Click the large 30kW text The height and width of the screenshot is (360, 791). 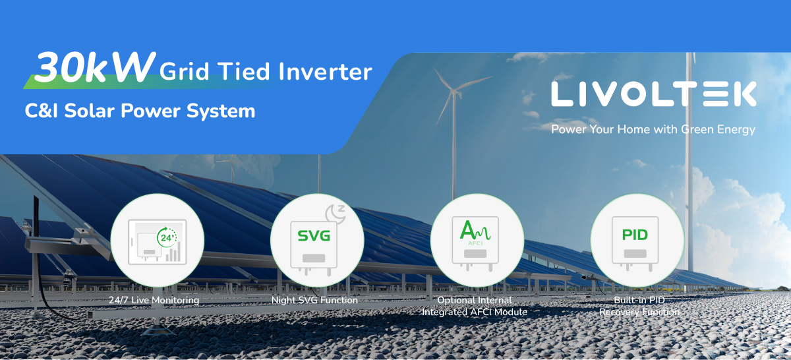point(95,67)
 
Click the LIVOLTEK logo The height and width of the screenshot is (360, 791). point(654,94)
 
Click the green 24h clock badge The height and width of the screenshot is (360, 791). point(167,237)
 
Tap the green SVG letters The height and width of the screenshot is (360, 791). point(314,235)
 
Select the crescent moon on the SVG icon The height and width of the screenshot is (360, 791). point(335,214)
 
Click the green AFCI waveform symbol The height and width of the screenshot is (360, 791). point(475,231)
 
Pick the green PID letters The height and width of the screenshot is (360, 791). point(635,235)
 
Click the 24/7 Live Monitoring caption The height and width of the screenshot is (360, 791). point(154,300)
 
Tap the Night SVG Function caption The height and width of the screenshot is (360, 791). point(314,300)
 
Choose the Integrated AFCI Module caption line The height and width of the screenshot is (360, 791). point(475,312)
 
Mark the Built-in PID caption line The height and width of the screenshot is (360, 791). point(639,300)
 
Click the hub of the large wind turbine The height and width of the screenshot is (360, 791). point(454,92)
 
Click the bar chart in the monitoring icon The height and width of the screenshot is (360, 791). point(173,252)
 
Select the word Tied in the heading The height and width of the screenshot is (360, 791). point(243,71)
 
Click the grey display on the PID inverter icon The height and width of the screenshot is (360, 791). point(635,254)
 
